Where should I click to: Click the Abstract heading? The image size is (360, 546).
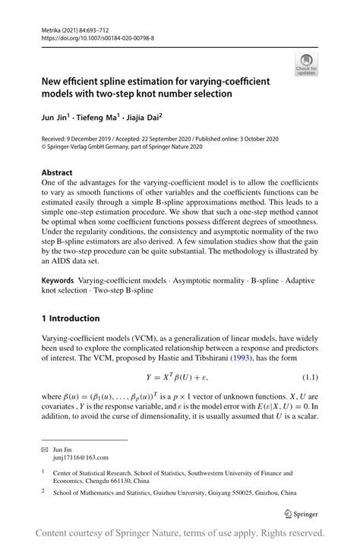(58, 173)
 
